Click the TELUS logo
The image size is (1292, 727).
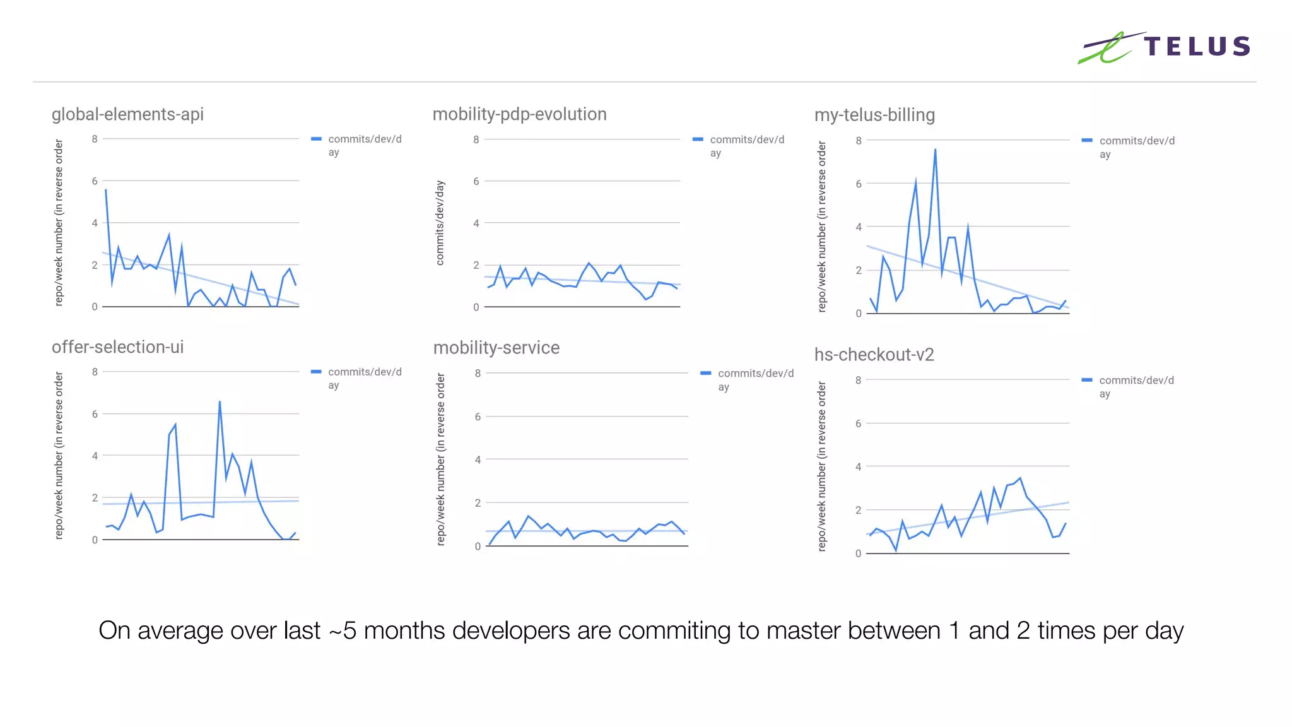[1164, 47]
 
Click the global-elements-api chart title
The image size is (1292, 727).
[127, 114]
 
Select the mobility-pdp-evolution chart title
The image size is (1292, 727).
[519, 114]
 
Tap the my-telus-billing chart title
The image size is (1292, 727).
[874, 115]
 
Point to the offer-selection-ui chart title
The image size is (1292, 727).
[117, 347]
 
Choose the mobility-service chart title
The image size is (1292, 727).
[496, 348]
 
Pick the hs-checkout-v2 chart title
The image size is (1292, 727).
[874, 355]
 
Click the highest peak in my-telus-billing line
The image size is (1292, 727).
[935, 150]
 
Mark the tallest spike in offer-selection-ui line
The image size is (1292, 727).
[220, 401]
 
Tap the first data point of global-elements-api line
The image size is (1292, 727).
[106, 189]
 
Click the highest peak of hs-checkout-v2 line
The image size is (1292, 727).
[1020, 478]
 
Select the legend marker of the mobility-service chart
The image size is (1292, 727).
[706, 374]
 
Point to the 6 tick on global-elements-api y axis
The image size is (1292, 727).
[95, 181]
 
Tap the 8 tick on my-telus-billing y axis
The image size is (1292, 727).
[859, 141]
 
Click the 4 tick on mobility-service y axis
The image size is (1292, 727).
[478, 460]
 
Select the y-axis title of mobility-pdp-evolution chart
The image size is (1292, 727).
[440, 223]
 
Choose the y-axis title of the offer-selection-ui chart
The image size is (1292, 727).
[59, 455]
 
